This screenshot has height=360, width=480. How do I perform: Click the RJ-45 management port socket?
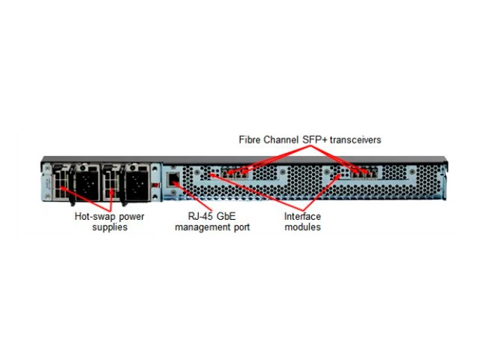[174, 179]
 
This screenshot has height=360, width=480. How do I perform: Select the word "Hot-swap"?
[95, 217]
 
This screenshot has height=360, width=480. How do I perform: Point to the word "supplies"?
[109, 227]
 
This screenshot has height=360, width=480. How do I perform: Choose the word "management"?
[201, 227]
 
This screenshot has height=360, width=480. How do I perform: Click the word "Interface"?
[302, 217]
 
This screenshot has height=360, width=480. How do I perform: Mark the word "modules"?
[303, 227]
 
